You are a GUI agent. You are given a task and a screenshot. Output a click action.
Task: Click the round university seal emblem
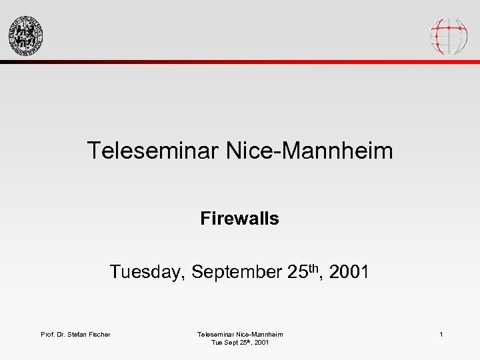[x=25, y=35]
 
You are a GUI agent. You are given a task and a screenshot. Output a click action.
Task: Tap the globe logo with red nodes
[x=449, y=35]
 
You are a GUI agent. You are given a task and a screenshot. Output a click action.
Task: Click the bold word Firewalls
[x=239, y=218]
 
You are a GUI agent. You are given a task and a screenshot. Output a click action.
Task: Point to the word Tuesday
[x=147, y=272]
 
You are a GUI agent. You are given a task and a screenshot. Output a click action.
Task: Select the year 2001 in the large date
[x=349, y=272]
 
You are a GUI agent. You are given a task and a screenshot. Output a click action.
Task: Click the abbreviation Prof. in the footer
[x=49, y=334]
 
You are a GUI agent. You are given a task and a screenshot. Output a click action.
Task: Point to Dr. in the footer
[x=63, y=334]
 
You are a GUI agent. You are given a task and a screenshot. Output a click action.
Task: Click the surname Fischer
[x=101, y=334]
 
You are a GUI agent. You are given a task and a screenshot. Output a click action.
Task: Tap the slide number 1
[x=441, y=334]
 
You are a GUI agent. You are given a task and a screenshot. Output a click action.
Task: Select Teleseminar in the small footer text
[x=216, y=334]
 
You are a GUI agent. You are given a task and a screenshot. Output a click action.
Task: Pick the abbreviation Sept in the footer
[x=229, y=343]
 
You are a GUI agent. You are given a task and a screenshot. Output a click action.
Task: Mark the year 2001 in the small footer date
[x=261, y=343]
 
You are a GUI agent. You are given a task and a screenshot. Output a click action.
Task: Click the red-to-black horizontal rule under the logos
[x=240, y=62]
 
